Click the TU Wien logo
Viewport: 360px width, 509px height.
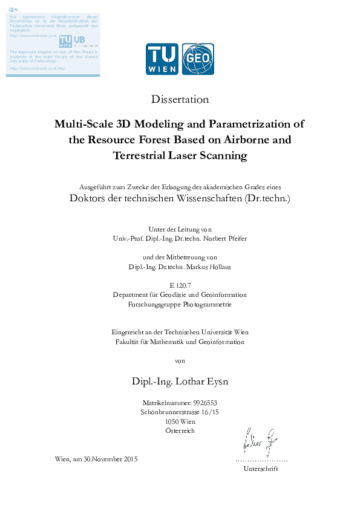pyautogui.click(x=162, y=59)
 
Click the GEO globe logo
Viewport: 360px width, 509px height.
pyautogui.click(x=198, y=59)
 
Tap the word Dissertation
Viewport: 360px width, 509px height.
pyautogui.click(x=180, y=99)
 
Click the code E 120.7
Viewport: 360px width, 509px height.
pyautogui.click(x=180, y=285)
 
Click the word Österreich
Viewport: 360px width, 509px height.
pyautogui.click(x=180, y=430)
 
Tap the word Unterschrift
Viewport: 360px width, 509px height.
pyautogui.click(x=260, y=468)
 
